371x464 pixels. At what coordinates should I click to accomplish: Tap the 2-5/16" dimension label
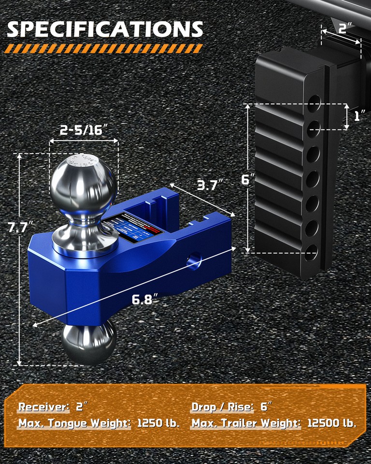(x=84, y=130)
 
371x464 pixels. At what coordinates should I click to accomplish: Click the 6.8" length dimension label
(x=145, y=299)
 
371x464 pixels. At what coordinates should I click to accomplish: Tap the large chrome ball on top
(x=83, y=180)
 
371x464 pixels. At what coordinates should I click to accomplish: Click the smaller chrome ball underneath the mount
(x=88, y=342)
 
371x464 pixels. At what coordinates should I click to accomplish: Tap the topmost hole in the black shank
(x=314, y=102)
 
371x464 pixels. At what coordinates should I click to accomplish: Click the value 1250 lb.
(x=158, y=423)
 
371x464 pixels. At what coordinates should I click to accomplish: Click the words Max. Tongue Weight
(x=74, y=423)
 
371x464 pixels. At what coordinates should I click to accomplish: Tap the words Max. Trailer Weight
(x=245, y=423)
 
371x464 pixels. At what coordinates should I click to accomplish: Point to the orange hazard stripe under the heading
(x=104, y=48)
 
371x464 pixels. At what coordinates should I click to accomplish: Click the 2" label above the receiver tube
(x=344, y=28)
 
